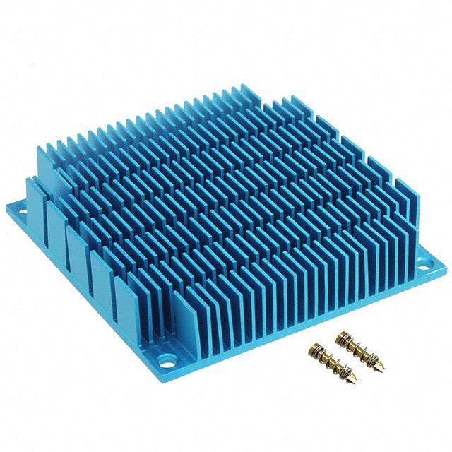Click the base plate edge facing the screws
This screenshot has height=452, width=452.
point(311,321)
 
